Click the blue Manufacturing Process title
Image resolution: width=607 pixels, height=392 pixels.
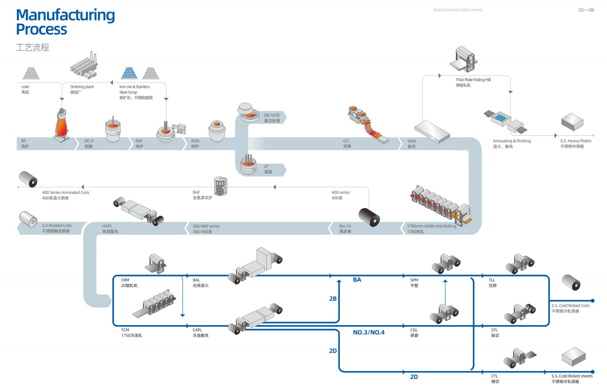(65, 22)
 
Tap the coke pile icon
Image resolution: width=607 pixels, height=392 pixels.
(31, 73)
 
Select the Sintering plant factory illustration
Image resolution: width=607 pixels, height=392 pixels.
(84, 66)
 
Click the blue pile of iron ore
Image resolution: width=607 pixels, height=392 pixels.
(129, 73)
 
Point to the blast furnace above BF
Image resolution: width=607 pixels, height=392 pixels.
(62, 125)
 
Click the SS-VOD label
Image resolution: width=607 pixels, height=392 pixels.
(272, 115)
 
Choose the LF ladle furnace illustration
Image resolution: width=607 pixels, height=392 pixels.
(248, 165)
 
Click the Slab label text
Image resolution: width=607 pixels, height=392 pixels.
(412, 141)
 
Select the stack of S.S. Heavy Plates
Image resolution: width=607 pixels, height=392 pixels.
(572, 122)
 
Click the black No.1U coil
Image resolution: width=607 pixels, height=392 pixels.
(369, 217)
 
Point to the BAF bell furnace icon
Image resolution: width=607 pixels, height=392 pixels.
(221, 186)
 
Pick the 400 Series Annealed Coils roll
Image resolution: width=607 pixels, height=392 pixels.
(28, 179)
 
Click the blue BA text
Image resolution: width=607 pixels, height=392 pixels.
(357, 280)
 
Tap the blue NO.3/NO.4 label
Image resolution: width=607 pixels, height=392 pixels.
(368, 332)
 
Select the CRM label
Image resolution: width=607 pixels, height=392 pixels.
(125, 280)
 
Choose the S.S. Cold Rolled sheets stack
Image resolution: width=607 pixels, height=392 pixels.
(573, 356)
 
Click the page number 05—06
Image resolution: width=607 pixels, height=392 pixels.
(586, 10)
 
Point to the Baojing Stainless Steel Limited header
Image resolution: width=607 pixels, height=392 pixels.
(458, 10)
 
